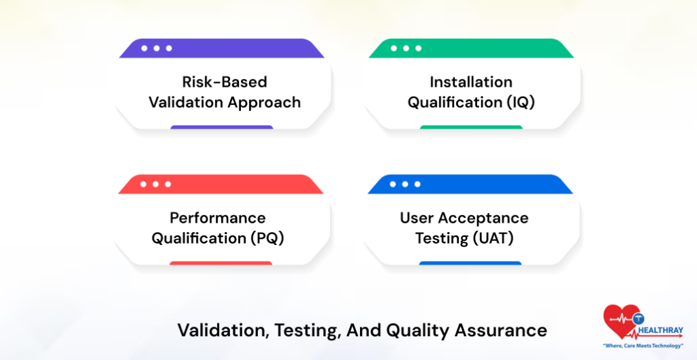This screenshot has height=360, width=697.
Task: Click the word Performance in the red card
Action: pos(217,218)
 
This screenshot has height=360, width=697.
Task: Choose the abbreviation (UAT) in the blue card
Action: pos(497,239)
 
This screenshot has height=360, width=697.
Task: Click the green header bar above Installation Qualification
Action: pos(470,48)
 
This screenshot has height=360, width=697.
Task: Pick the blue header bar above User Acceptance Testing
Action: pos(470,184)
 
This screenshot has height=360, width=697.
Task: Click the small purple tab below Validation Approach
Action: pos(221,127)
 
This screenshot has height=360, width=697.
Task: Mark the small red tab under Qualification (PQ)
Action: pos(221,263)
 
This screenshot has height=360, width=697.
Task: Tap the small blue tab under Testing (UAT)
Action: pos(470,263)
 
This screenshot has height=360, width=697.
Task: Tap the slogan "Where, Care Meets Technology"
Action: pos(643,345)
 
